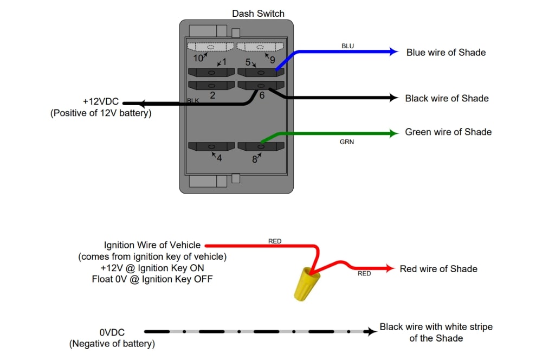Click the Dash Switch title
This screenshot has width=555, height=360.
(x=258, y=14)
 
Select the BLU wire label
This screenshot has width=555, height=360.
(x=347, y=46)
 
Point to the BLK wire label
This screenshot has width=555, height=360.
(x=193, y=101)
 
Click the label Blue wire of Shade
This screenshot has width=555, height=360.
(x=446, y=53)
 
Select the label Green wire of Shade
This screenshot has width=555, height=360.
(x=448, y=132)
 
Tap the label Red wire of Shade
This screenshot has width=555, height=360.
(x=438, y=269)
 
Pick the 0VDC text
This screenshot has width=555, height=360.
(x=112, y=332)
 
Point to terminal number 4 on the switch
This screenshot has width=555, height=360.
(x=219, y=158)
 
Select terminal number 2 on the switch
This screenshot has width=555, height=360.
(x=212, y=95)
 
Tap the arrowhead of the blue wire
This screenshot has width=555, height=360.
(x=395, y=52)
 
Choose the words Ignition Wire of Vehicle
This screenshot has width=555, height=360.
(x=152, y=245)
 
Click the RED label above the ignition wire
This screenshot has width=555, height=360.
(x=275, y=241)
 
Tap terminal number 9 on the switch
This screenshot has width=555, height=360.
(x=272, y=60)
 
